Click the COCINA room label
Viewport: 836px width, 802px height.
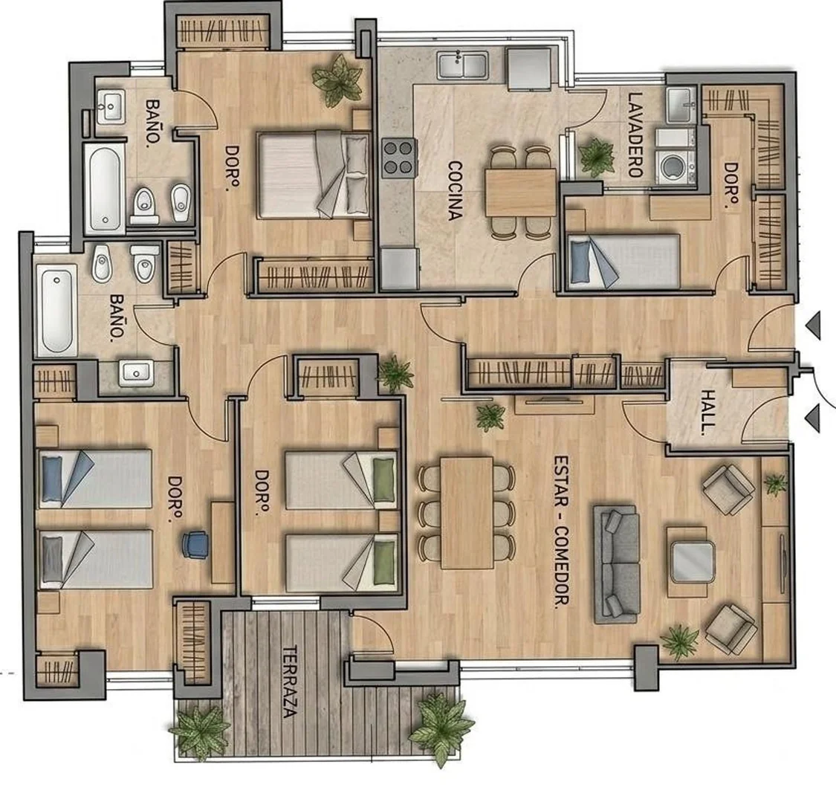[x=454, y=190]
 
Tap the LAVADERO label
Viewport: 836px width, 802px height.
[x=635, y=135]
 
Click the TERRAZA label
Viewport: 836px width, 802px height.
[x=289, y=682]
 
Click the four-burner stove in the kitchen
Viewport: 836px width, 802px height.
[x=399, y=158]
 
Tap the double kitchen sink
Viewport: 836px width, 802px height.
[x=463, y=65]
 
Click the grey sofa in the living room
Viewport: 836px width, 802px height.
[x=617, y=564]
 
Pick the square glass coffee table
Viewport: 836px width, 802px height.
[x=693, y=561]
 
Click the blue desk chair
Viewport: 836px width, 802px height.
[x=195, y=544]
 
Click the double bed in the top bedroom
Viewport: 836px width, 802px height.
[x=314, y=175]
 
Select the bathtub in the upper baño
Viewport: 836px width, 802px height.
[x=105, y=187]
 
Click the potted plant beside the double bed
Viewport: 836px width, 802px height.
[x=337, y=80]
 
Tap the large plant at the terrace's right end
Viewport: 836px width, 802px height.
[x=441, y=727]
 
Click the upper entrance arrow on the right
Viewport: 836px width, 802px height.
[x=813, y=326]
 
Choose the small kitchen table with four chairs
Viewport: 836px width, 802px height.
[x=520, y=193]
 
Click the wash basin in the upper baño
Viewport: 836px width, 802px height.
[x=111, y=106]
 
